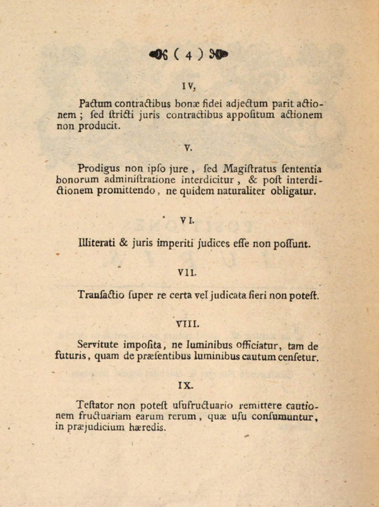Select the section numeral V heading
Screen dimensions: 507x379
(x=188, y=148)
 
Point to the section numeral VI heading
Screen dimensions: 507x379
(x=188, y=220)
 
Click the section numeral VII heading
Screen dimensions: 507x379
(x=188, y=273)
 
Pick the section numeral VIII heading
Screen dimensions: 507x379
(x=188, y=325)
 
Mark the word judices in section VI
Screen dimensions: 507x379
(x=215, y=242)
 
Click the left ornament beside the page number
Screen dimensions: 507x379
(x=158, y=55)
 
